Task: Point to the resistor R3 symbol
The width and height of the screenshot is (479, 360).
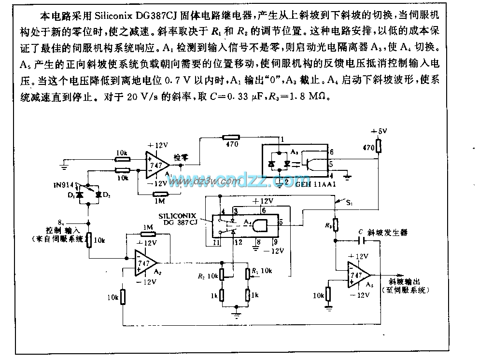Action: coord(336,224)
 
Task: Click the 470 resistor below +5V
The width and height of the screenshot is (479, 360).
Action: coord(379,145)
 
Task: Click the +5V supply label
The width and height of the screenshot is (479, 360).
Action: coord(378,131)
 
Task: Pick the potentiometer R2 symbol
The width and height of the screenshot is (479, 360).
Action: coord(222,273)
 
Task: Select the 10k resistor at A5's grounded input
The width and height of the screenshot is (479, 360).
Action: coord(328,294)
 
